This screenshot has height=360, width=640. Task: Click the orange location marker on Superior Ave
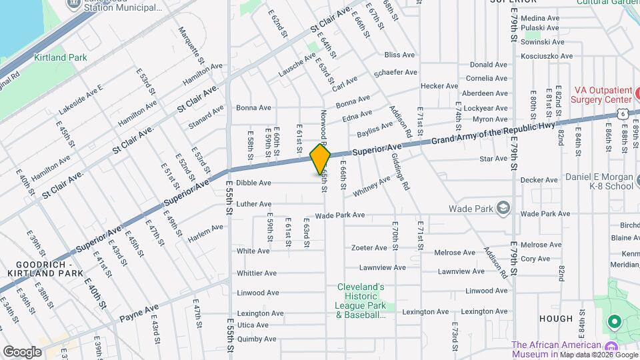pyautogui.click(x=321, y=159)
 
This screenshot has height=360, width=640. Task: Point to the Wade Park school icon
pyautogui.click(x=503, y=208)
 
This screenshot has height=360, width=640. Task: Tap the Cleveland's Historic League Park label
pyautogui.click(x=361, y=301)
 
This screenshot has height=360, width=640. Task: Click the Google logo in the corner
pyautogui.click(x=22, y=351)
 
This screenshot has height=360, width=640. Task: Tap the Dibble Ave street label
pyautogui.click(x=253, y=183)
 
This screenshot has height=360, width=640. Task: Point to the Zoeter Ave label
pyautogui.click(x=369, y=248)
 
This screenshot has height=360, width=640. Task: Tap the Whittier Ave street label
pyautogui.click(x=257, y=273)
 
